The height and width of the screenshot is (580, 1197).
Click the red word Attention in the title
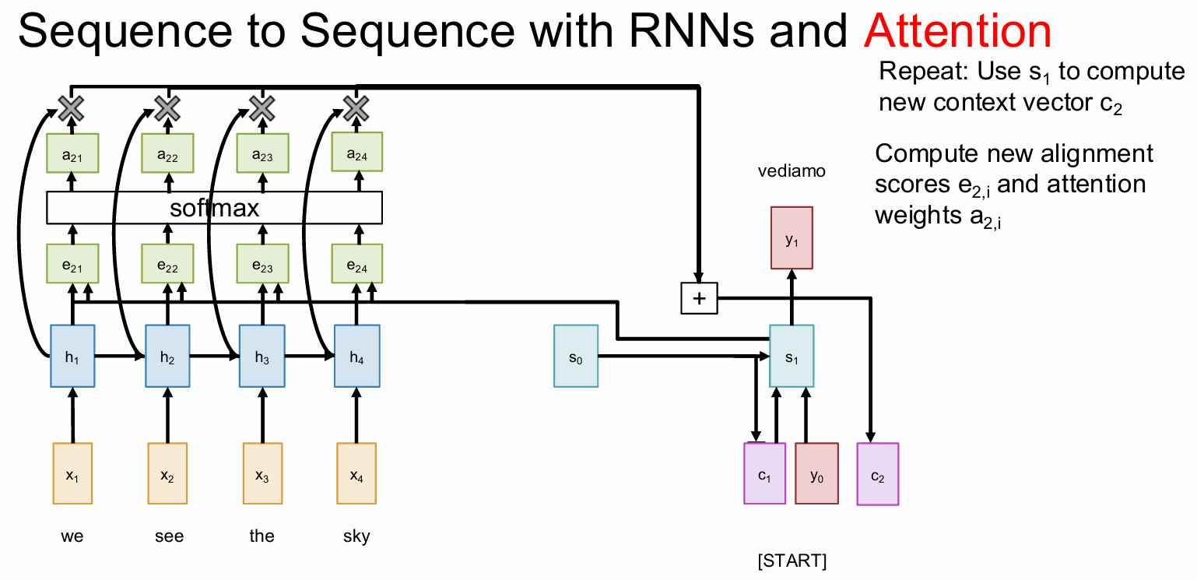[957, 32]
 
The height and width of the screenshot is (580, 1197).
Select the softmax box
[214, 208]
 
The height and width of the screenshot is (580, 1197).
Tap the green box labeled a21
[72, 153]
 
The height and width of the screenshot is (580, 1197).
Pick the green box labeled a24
[356, 153]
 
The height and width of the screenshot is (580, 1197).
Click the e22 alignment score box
[167, 265]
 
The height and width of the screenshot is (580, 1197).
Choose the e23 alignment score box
[262, 265]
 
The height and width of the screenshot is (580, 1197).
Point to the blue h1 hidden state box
[72, 357]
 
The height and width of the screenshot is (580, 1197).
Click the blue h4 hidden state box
[356, 357]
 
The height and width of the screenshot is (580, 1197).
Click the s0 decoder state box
[576, 357]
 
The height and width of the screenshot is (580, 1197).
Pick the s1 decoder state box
[792, 357]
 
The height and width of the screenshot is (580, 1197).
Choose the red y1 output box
[792, 237]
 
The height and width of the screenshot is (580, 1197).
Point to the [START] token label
[792, 561]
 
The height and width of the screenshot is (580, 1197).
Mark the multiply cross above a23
[262, 108]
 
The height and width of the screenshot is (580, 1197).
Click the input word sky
[356, 536]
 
